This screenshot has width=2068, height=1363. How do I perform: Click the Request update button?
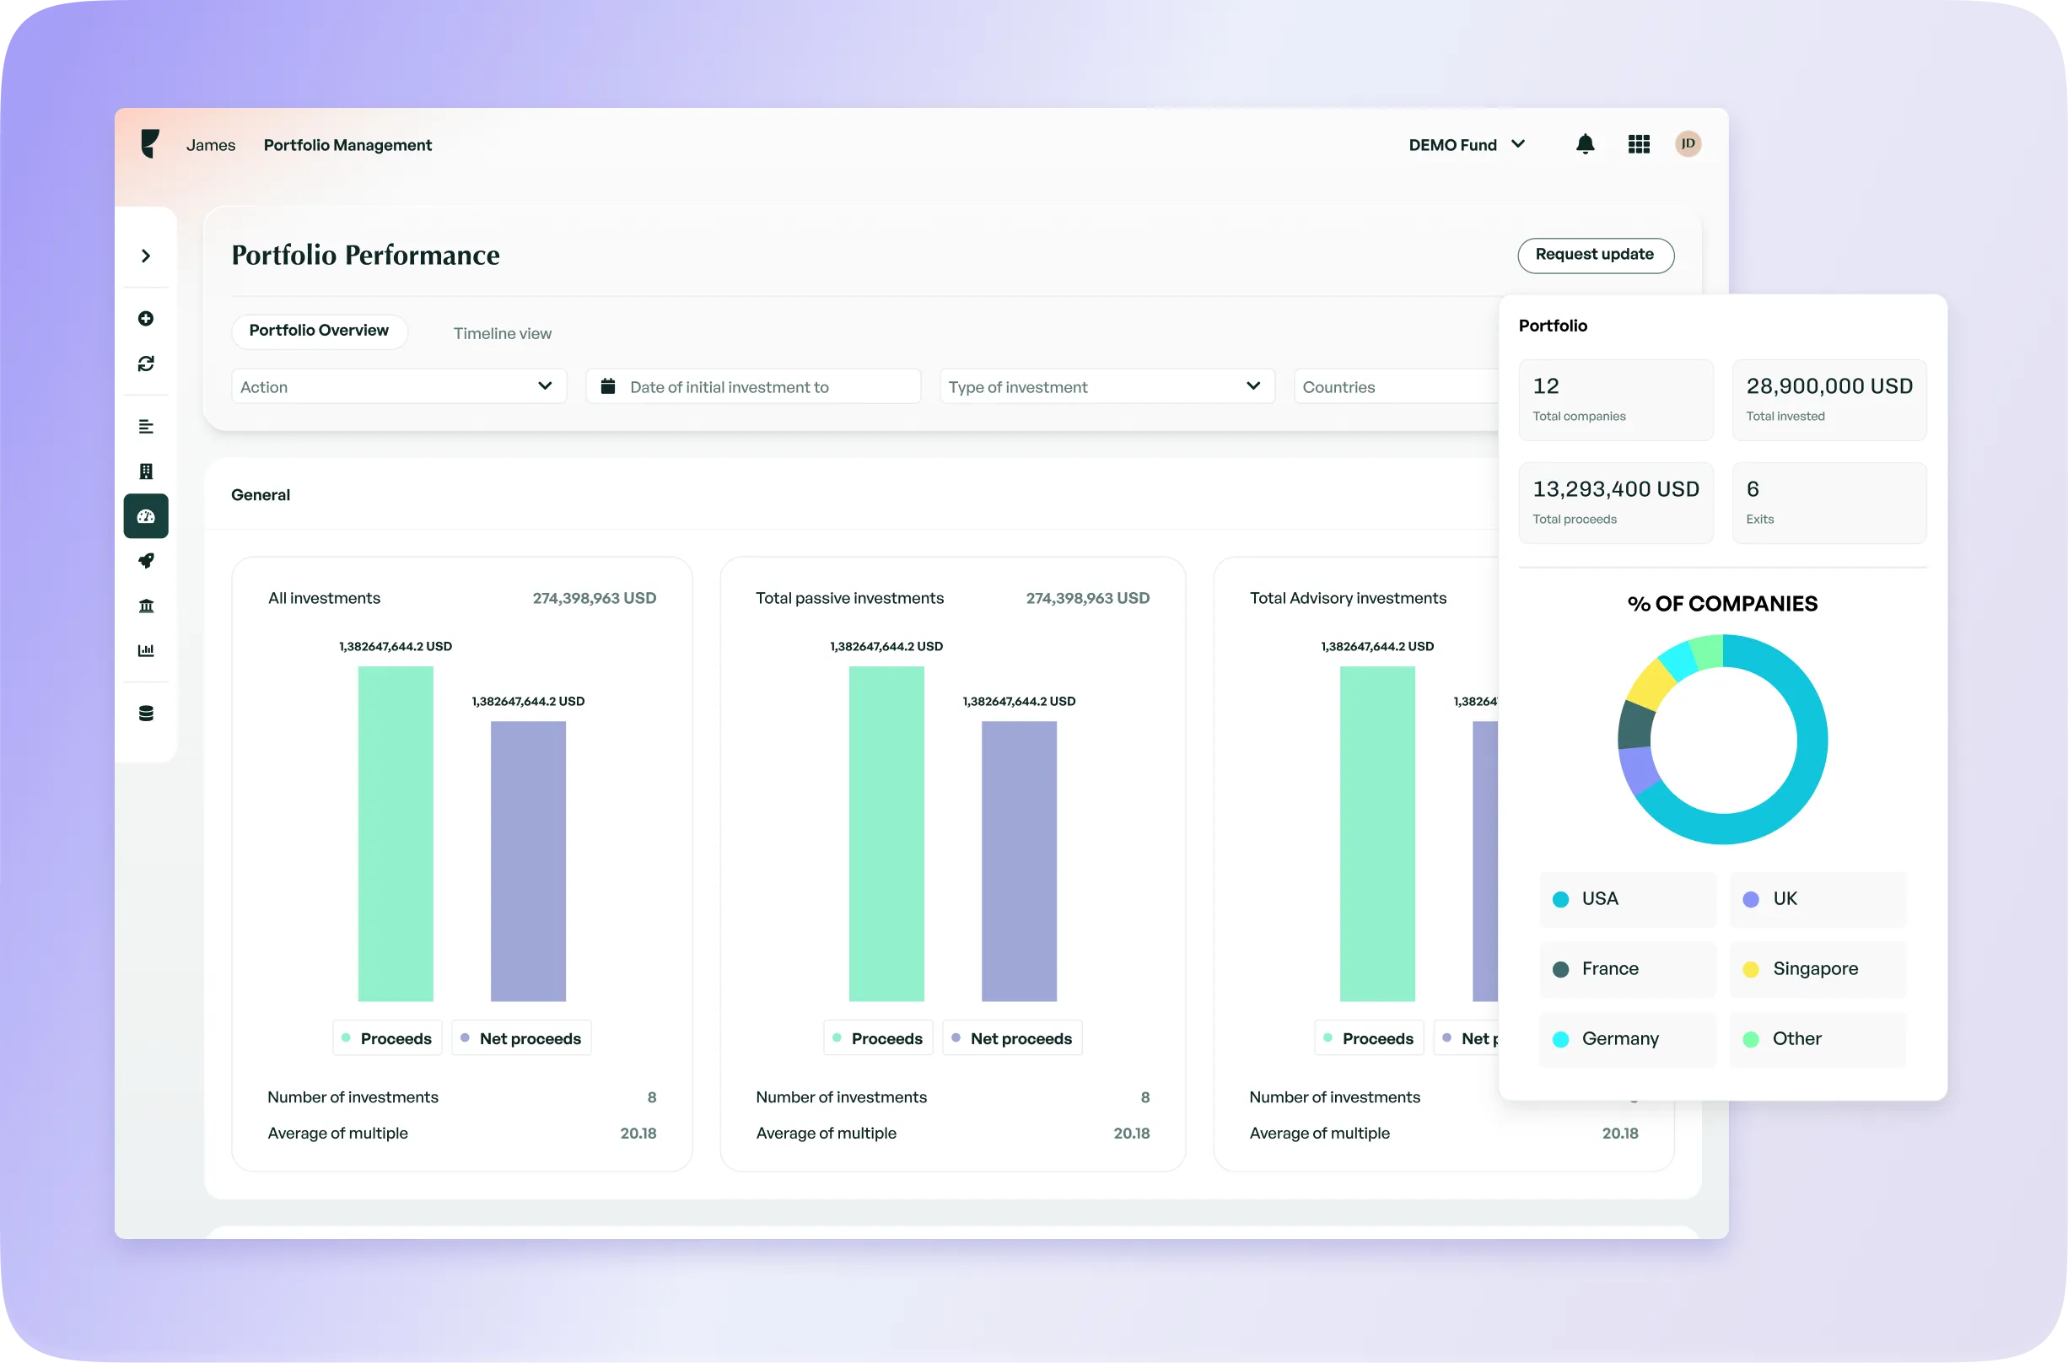tap(1595, 255)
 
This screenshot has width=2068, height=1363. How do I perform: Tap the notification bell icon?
tap(1585, 144)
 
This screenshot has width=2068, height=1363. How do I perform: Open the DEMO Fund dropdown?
tap(1467, 145)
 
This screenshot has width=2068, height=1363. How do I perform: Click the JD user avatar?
tap(1688, 144)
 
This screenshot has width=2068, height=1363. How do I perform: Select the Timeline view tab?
tap(503, 334)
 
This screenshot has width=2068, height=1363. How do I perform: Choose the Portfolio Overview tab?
tap(319, 331)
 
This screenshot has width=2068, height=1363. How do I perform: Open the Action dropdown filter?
tap(398, 387)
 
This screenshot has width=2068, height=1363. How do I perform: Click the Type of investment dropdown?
tap(1107, 387)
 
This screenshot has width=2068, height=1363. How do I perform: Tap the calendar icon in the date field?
tap(608, 386)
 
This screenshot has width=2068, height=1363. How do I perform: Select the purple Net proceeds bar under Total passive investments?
tap(1019, 860)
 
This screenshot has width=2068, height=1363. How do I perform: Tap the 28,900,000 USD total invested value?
tap(1829, 387)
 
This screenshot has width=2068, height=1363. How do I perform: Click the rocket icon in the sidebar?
tap(146, 561)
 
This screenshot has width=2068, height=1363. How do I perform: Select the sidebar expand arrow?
tap(146, 256)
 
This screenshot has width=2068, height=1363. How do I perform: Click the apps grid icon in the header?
tap(1639, 144)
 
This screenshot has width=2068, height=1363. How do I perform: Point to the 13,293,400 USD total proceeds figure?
tap(1615, 489)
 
